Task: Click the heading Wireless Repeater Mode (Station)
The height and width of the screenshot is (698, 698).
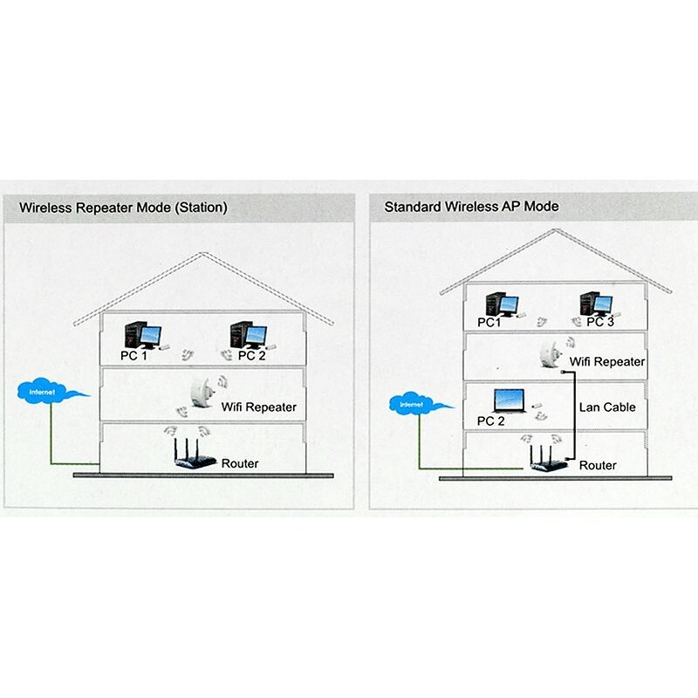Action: pyautogui.click(x=123, y=208)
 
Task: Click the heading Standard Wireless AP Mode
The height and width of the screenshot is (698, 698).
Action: pyautogui.click(x=471, y=207)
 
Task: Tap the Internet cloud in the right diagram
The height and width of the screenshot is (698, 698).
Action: pyautogui.click(x=414, y=405)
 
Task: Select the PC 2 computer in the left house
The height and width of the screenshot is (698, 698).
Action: pyautogui.click(x=247, y=335)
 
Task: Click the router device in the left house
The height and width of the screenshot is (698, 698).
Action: pyautogui.click(x=189, y=456)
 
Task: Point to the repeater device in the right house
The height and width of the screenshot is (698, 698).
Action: pyautogui.click(x=550, y=354)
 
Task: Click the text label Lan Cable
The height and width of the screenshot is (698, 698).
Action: pyautogui.click(x=607, y=407)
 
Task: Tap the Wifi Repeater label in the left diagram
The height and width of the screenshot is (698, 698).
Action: pyautogui.click(x=258, y=407)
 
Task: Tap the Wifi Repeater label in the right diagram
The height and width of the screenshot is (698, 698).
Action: pyautogui.click(x=606, y=361)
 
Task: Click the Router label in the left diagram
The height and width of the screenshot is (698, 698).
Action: pyautogui.click(x=240, y=463)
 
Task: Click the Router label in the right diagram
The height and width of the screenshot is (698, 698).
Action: pyautogui.click(x=598, y=466)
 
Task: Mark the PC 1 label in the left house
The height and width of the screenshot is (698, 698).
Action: pyautogui.click(x=134, y=356)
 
